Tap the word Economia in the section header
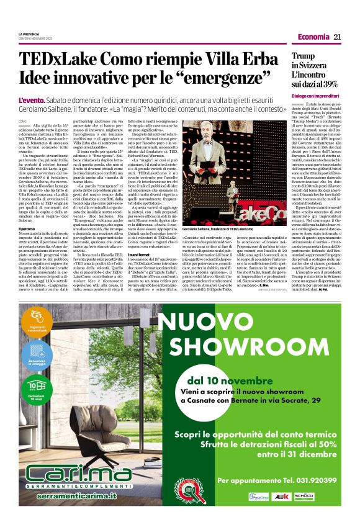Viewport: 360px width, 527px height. point(313,37)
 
